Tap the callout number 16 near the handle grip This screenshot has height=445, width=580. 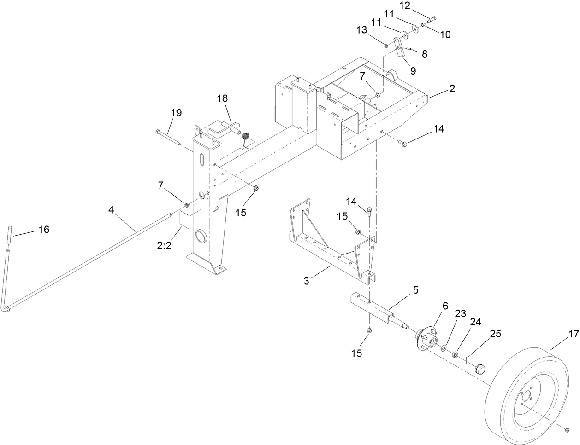pos(43,229)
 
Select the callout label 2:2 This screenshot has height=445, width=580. pos(164,246)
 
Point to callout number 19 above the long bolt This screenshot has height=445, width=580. pos(176,113)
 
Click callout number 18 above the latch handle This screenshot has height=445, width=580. pos(223,99)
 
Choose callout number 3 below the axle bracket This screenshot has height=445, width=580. pos(306,281)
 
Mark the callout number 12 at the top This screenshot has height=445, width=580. pos(404,6)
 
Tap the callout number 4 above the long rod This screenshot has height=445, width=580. pos(111,210)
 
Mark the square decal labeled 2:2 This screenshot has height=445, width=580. pos(184,221)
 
